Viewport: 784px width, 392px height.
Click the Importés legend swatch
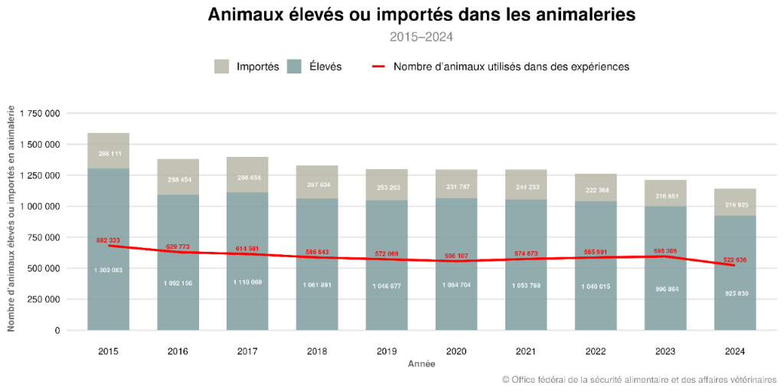tap(222, 67)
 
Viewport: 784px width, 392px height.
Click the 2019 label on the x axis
tap(387, 351)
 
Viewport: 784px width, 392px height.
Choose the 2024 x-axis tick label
tap(736, 351)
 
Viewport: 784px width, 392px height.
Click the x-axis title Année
tap(421, 364)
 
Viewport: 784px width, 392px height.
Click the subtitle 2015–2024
tap(421, 36)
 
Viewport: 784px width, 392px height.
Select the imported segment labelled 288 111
tap(109, 154)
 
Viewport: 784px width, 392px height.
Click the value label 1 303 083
tap(109, 270)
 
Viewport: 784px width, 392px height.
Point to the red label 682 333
tap(109, 240)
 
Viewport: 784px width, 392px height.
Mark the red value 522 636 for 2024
tap(736, 260)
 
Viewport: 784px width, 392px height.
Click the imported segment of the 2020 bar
tap(457, 185)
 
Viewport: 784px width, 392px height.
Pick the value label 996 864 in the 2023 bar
tap(666, 289)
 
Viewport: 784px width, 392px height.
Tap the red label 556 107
tap(457, 256)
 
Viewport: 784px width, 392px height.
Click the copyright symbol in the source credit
tap(505, 380)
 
